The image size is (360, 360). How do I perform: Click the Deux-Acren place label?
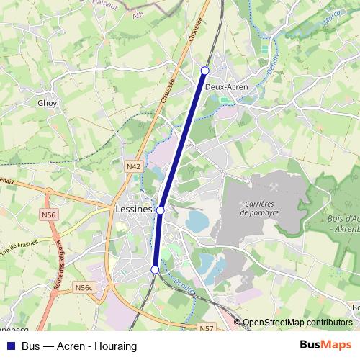(x=227, y=87)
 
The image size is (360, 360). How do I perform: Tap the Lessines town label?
(x=134, y=210)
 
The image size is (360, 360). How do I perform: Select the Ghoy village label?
(x=47, y=103)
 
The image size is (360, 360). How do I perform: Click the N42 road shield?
(x=132, y=167)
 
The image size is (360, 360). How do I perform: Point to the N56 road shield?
(x=49, y=215)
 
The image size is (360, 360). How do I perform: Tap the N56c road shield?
(x=84, y=288)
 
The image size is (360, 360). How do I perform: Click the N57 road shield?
(x=207, y=328)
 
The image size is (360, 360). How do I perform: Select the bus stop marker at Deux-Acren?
(x=205, y=70)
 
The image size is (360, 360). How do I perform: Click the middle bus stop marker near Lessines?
(x=161, y=210)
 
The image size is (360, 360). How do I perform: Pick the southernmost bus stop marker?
(x=155, y=269)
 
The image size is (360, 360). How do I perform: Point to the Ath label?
(x=138, y=14)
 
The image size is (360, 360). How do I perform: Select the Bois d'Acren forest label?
(x=342, y=223)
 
